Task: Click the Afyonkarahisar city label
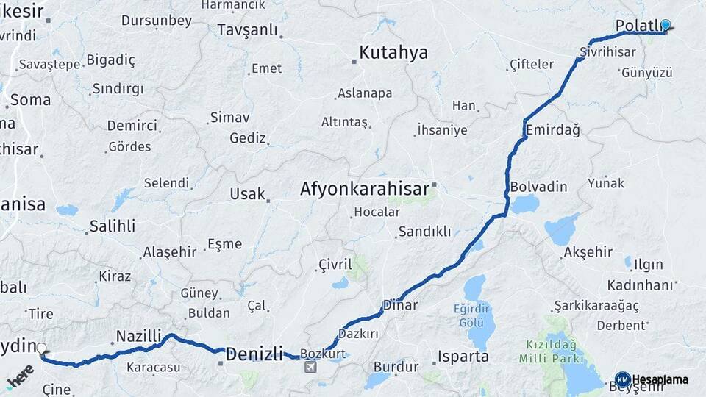pos(364,189)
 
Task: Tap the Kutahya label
pos(393,53)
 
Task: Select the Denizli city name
pos(254,354)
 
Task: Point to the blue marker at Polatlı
pos(666,24)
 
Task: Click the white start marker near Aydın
pos(42,349)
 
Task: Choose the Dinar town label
pos(400,305)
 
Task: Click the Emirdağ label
pos(553,130)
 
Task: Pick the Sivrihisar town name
pos(606,54)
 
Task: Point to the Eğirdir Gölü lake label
pos(471,317)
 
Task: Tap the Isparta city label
pos(463,357)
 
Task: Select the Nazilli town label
pos(138,337)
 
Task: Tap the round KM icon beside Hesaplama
pos(622,379)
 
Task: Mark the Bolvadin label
pos(538,186)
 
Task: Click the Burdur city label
pos(396,366)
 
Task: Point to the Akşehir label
pos(588,252)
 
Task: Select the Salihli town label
pos(113,226)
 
